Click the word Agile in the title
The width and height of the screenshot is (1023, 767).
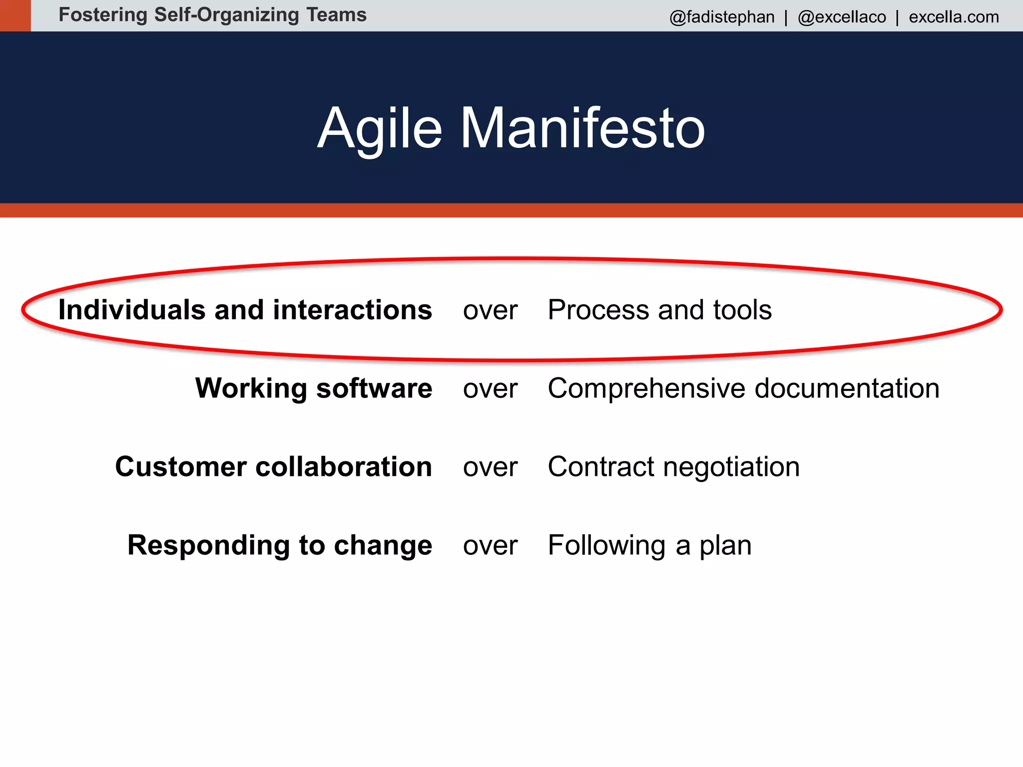(x=380, y=128)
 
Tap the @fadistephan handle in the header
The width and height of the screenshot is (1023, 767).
(x=722, y=17)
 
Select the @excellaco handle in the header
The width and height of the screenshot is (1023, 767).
(x=842, y=17)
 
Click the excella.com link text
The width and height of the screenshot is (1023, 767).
(x=954, y=17)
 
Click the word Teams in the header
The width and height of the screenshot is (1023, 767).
(x=336, y=15)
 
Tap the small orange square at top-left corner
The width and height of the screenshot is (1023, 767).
(x=15, y=15)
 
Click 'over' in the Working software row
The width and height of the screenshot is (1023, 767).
(x=490, y=388)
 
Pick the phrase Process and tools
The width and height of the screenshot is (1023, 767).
(x=659, y=310)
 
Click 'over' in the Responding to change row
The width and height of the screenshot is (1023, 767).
(x=490, y=545)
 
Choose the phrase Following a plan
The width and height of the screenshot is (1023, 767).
(x=649, y=545)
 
